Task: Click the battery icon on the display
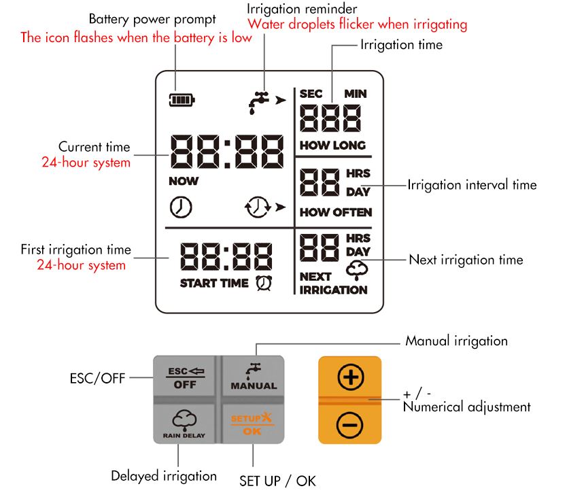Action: click(x=182, y=101)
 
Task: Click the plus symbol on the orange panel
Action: click(x=350, y=377)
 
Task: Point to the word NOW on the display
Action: click(x=184, y=182)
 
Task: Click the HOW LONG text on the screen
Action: click(x=332, y=146)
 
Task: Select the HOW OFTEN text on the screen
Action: click(x=336, y=212)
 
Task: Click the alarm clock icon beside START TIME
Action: click(x=262, y=283)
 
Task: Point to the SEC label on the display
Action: click(x=311, y=94)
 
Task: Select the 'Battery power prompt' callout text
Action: click(x=152, y=19)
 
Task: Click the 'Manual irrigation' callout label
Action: click(x=456, y=341)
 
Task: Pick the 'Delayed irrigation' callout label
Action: click(x=164, y=476)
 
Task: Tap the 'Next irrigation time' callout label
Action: click(x=466, y=260)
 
